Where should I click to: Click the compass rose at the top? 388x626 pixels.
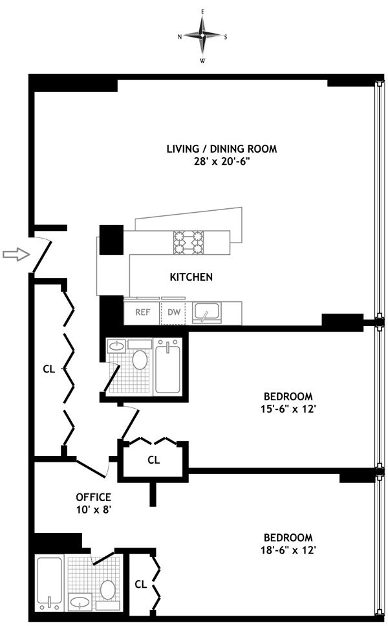(203, 36)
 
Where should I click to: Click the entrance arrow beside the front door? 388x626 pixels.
(16, 254)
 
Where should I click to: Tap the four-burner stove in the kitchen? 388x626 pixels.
(188, 243)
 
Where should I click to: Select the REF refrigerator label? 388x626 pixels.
(142, 312)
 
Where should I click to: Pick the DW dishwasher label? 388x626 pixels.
(174, 312)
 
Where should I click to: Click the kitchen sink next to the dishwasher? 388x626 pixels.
(206, 312)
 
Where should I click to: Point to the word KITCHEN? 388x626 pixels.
(191, 277)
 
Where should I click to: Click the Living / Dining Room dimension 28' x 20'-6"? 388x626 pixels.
(222, 161)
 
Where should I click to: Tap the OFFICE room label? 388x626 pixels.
(93, 497)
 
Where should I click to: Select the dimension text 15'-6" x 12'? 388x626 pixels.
(288, 409)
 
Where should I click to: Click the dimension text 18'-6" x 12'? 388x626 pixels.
(288, 550)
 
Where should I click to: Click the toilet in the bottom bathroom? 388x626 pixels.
(108, 590)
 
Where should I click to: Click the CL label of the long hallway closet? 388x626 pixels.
(48, 369)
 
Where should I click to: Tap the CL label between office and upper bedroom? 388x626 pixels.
(154, 460)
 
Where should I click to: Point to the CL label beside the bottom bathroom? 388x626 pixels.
(140, 585)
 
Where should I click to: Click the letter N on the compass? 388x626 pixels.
(180, 37)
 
